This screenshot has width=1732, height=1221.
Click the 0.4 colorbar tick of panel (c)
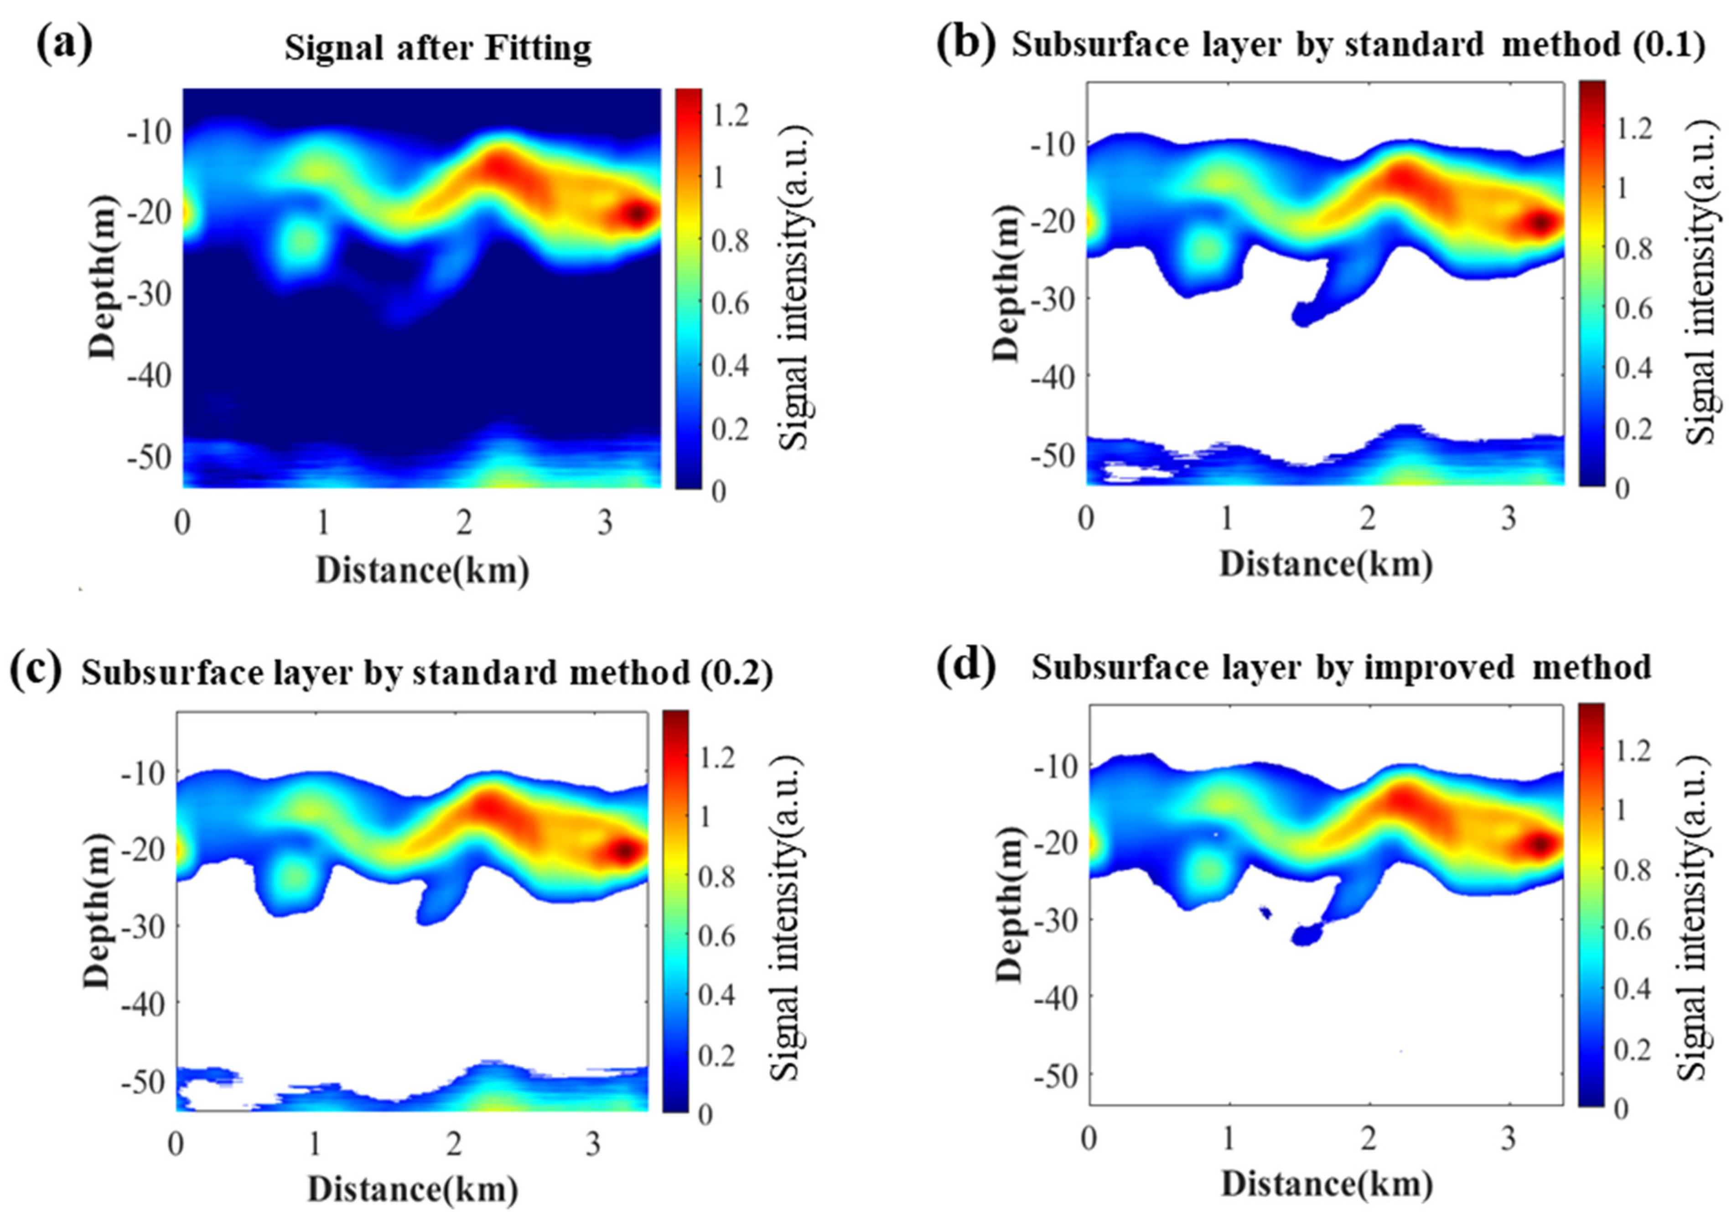tap(716, 995)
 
